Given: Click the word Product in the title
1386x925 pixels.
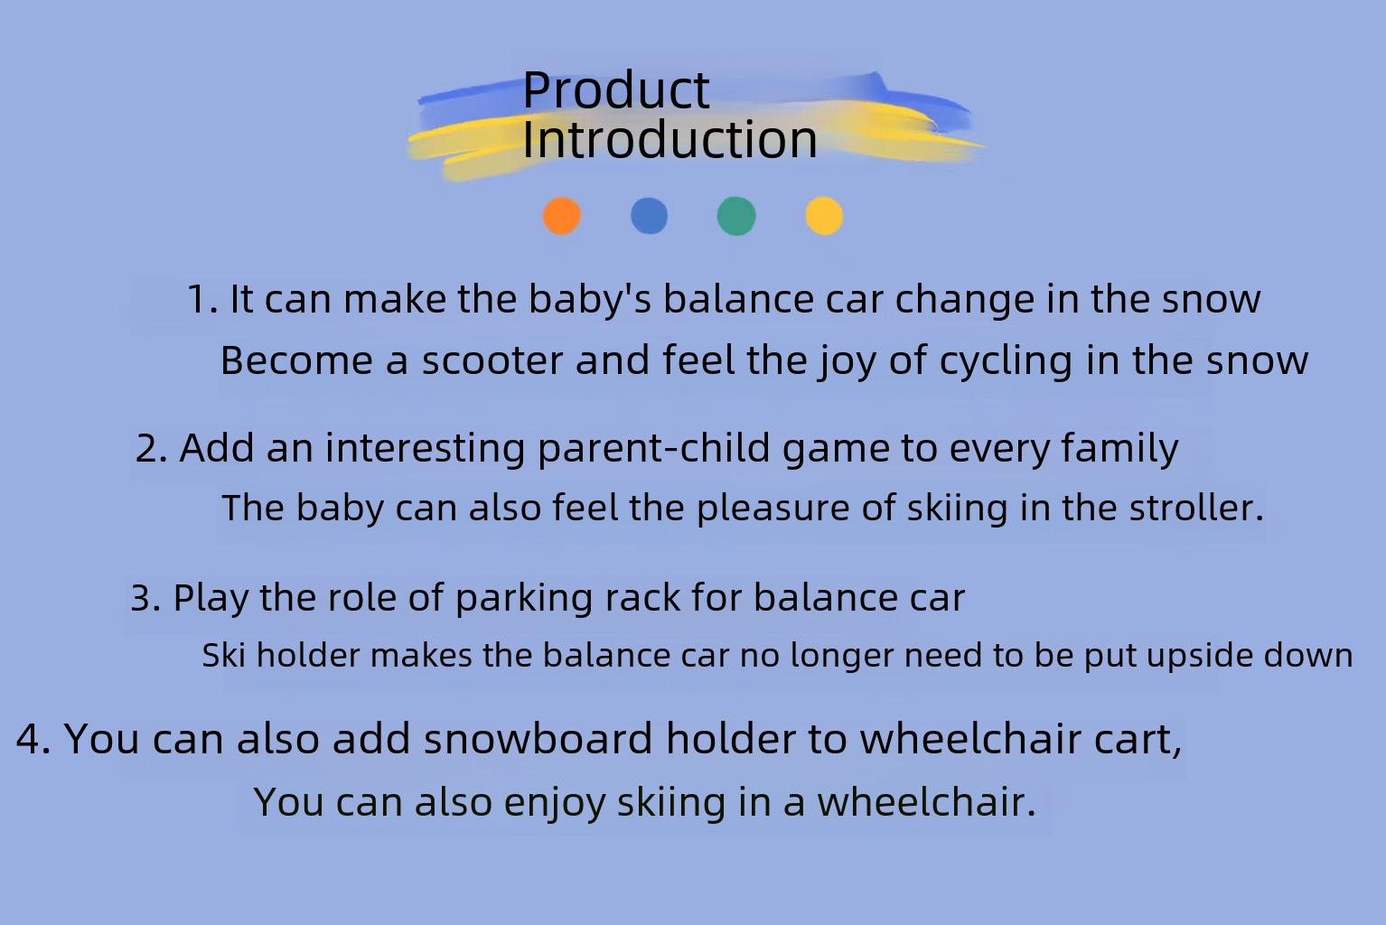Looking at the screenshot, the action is tap(615, 91).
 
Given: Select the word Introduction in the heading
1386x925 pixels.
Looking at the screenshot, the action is tap(670, 140).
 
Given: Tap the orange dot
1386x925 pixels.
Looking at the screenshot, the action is tap(562, 216).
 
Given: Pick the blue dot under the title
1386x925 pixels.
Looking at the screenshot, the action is tap(649, 216).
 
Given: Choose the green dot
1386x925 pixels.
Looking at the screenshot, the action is tap(736, 216).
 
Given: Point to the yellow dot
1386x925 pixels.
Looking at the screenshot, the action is tap(824, 216).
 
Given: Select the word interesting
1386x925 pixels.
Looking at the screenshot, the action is tap(425, 449).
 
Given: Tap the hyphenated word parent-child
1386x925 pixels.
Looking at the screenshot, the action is tap(653, 449).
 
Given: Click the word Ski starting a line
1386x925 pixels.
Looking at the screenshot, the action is tap(223, 655).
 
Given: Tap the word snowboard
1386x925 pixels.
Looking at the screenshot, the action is tap(538, 739).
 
